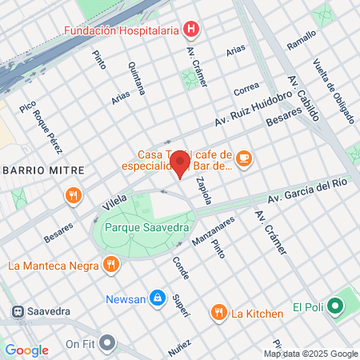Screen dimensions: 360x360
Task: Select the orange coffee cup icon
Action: click(x=245, y=160)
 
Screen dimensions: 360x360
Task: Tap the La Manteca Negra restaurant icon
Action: click(x=111, y=262)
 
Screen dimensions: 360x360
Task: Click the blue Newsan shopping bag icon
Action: click(x=158, y=299)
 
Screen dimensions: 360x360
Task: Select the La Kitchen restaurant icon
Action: click(x=218, y=312)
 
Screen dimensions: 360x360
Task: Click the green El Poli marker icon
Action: click(x=336, y=306)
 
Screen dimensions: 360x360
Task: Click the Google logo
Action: click(x=26, y=350)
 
